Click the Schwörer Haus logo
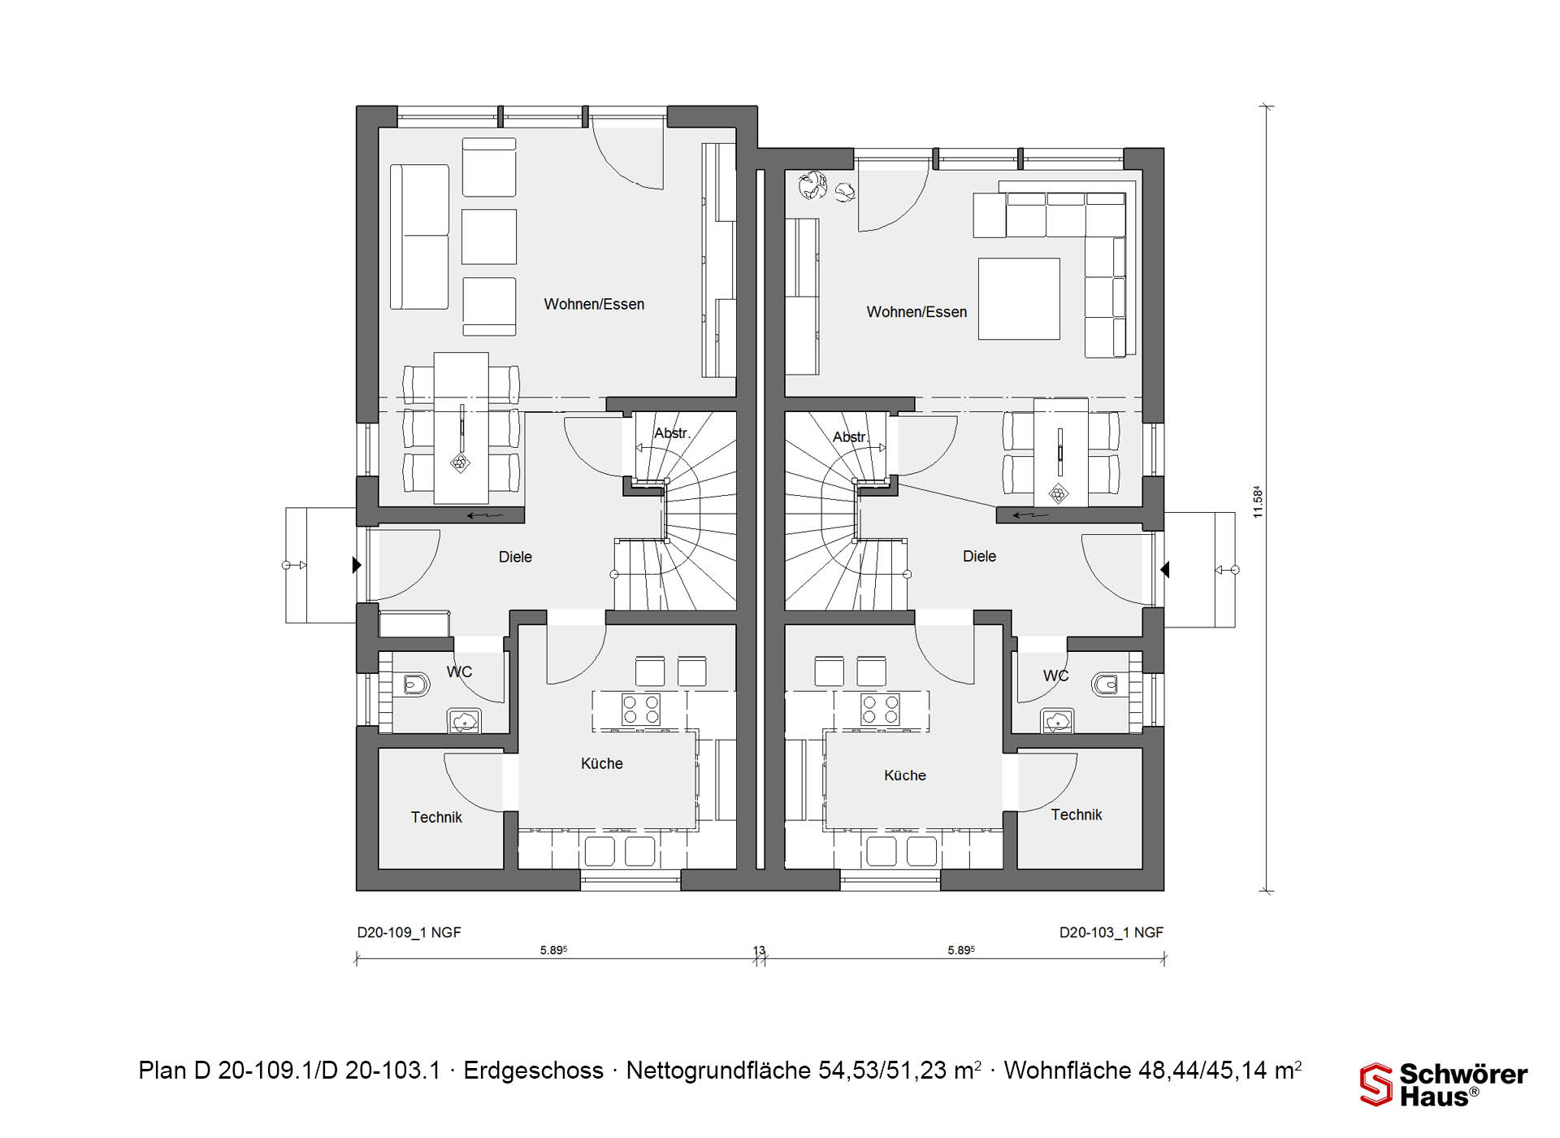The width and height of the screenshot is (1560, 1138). [x=1444, y=1084]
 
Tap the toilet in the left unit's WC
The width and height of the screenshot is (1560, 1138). [x=414, y=684]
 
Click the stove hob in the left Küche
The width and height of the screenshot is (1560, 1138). [x=641, y=709]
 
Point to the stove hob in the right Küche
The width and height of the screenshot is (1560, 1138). [x=881, y=709]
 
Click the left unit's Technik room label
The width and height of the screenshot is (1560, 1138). [x=436, y=817]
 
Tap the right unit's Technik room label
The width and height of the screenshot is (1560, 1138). [x=1077, y=814]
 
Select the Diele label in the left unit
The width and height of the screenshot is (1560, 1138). [x=515, y=557]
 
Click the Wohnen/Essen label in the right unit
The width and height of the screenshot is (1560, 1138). [x=916, y=311]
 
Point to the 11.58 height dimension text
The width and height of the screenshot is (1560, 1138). [x=1258, y=502]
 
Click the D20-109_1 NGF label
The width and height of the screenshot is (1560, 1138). [x=409, y=932]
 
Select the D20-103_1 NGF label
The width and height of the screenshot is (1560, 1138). [x=1111, y=932]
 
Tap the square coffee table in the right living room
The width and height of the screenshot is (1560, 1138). [x=1019, y=298]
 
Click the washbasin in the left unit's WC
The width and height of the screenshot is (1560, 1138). [x=464, y=721]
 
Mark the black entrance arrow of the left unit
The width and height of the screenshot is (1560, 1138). [x=357, y=564]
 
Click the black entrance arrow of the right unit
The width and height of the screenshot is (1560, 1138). [x=1164, y=570]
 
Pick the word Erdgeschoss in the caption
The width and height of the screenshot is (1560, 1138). [x=533, y=1071]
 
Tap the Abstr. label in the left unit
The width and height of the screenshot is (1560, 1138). [x=673, y=433]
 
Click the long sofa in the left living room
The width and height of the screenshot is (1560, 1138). [x=419, y=237]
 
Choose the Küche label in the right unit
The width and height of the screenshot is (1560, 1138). [x=905, y=775]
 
